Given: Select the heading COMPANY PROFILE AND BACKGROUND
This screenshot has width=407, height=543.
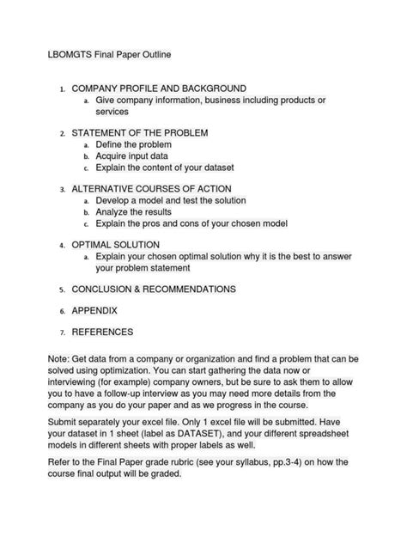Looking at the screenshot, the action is (x=159, y=88).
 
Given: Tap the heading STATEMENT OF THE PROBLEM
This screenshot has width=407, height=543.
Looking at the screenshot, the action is (x=140, y=133).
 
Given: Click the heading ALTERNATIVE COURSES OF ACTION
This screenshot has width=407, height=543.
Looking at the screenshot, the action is (x=152, y=189).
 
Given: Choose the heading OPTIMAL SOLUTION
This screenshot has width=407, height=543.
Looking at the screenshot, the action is (x=115, y=245).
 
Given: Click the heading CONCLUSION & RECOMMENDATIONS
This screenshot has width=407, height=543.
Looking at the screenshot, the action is (x=154, y=290).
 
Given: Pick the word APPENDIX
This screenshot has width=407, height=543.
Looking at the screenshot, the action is (x=94, y=310).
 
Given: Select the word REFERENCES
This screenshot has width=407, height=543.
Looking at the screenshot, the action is (x=102, y=332).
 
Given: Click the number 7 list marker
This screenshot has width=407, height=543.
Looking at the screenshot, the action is (x=62, y=333).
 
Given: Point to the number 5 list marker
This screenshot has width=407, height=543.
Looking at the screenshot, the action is (x=62, y=290).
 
